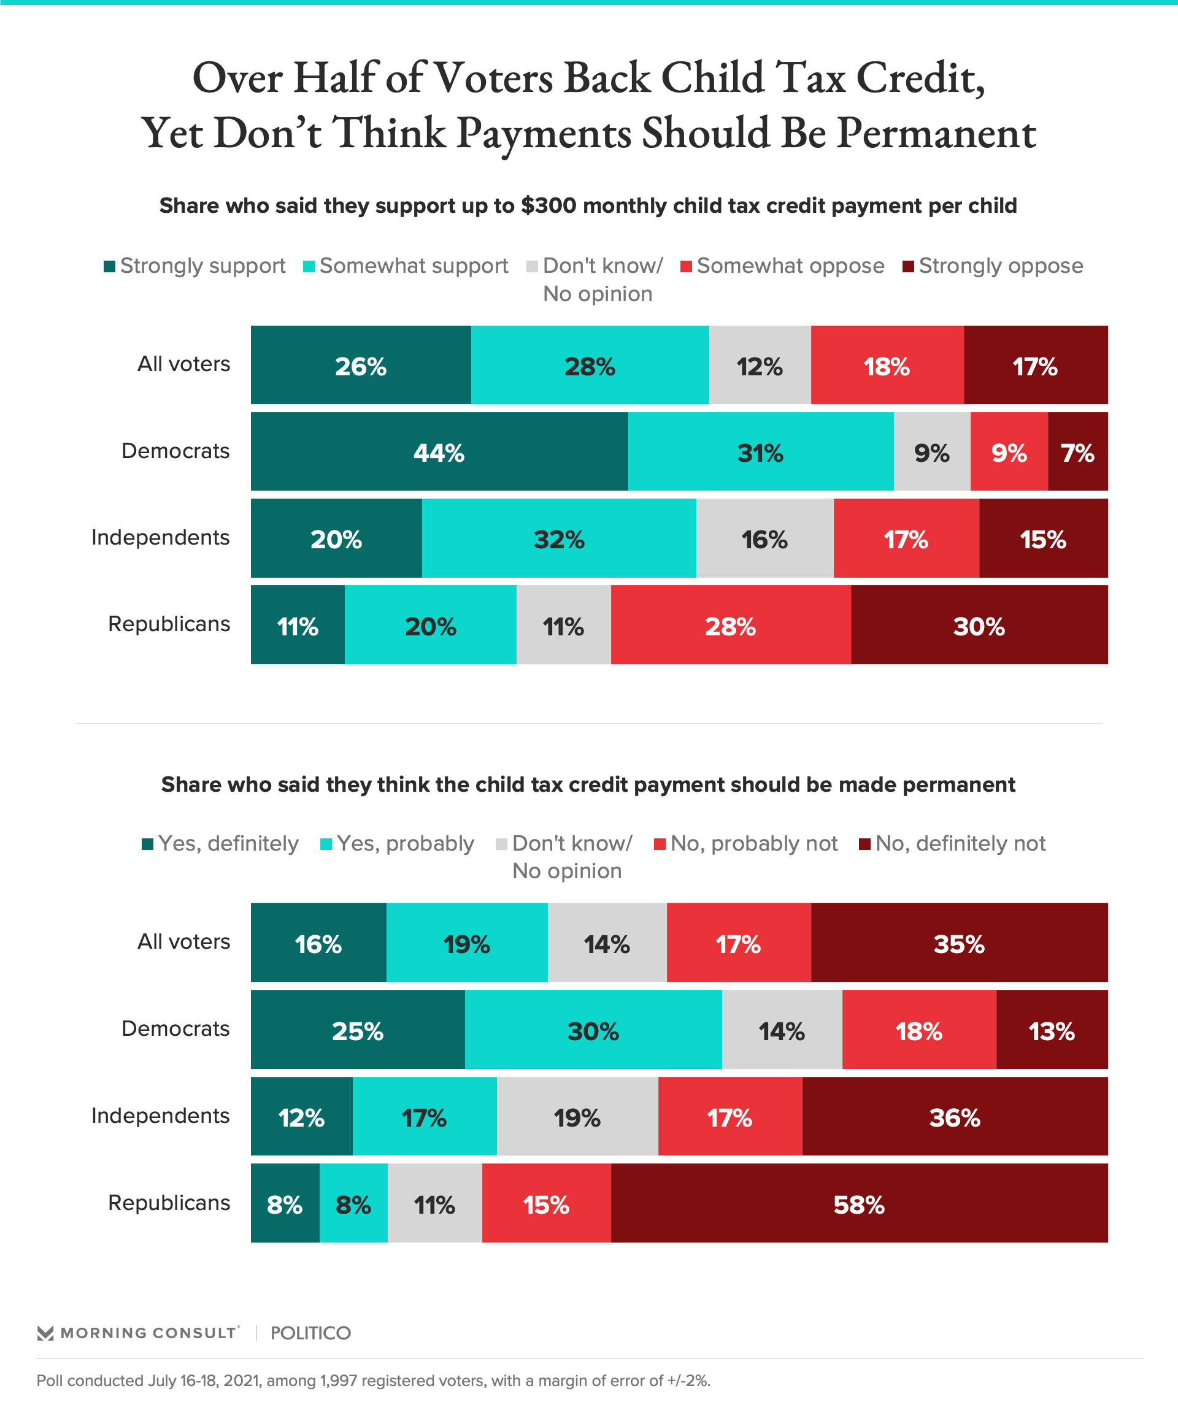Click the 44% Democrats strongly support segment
coord(439,451)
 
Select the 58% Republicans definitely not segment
coord(859,1204)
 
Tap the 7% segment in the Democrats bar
coord(1077,451)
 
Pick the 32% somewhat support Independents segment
coord(559,538)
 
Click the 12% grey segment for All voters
coord(760,366)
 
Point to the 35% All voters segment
coord(958,943)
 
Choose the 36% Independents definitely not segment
coord(955,1117)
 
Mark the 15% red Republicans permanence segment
coord(546,1204)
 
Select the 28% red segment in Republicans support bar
coord(730,625)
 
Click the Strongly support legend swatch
coord(110,266)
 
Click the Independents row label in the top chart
coord(160,537)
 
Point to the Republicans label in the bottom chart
coord(169,1203)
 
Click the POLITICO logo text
coord(310,1333)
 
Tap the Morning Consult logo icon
coord(45,1333)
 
